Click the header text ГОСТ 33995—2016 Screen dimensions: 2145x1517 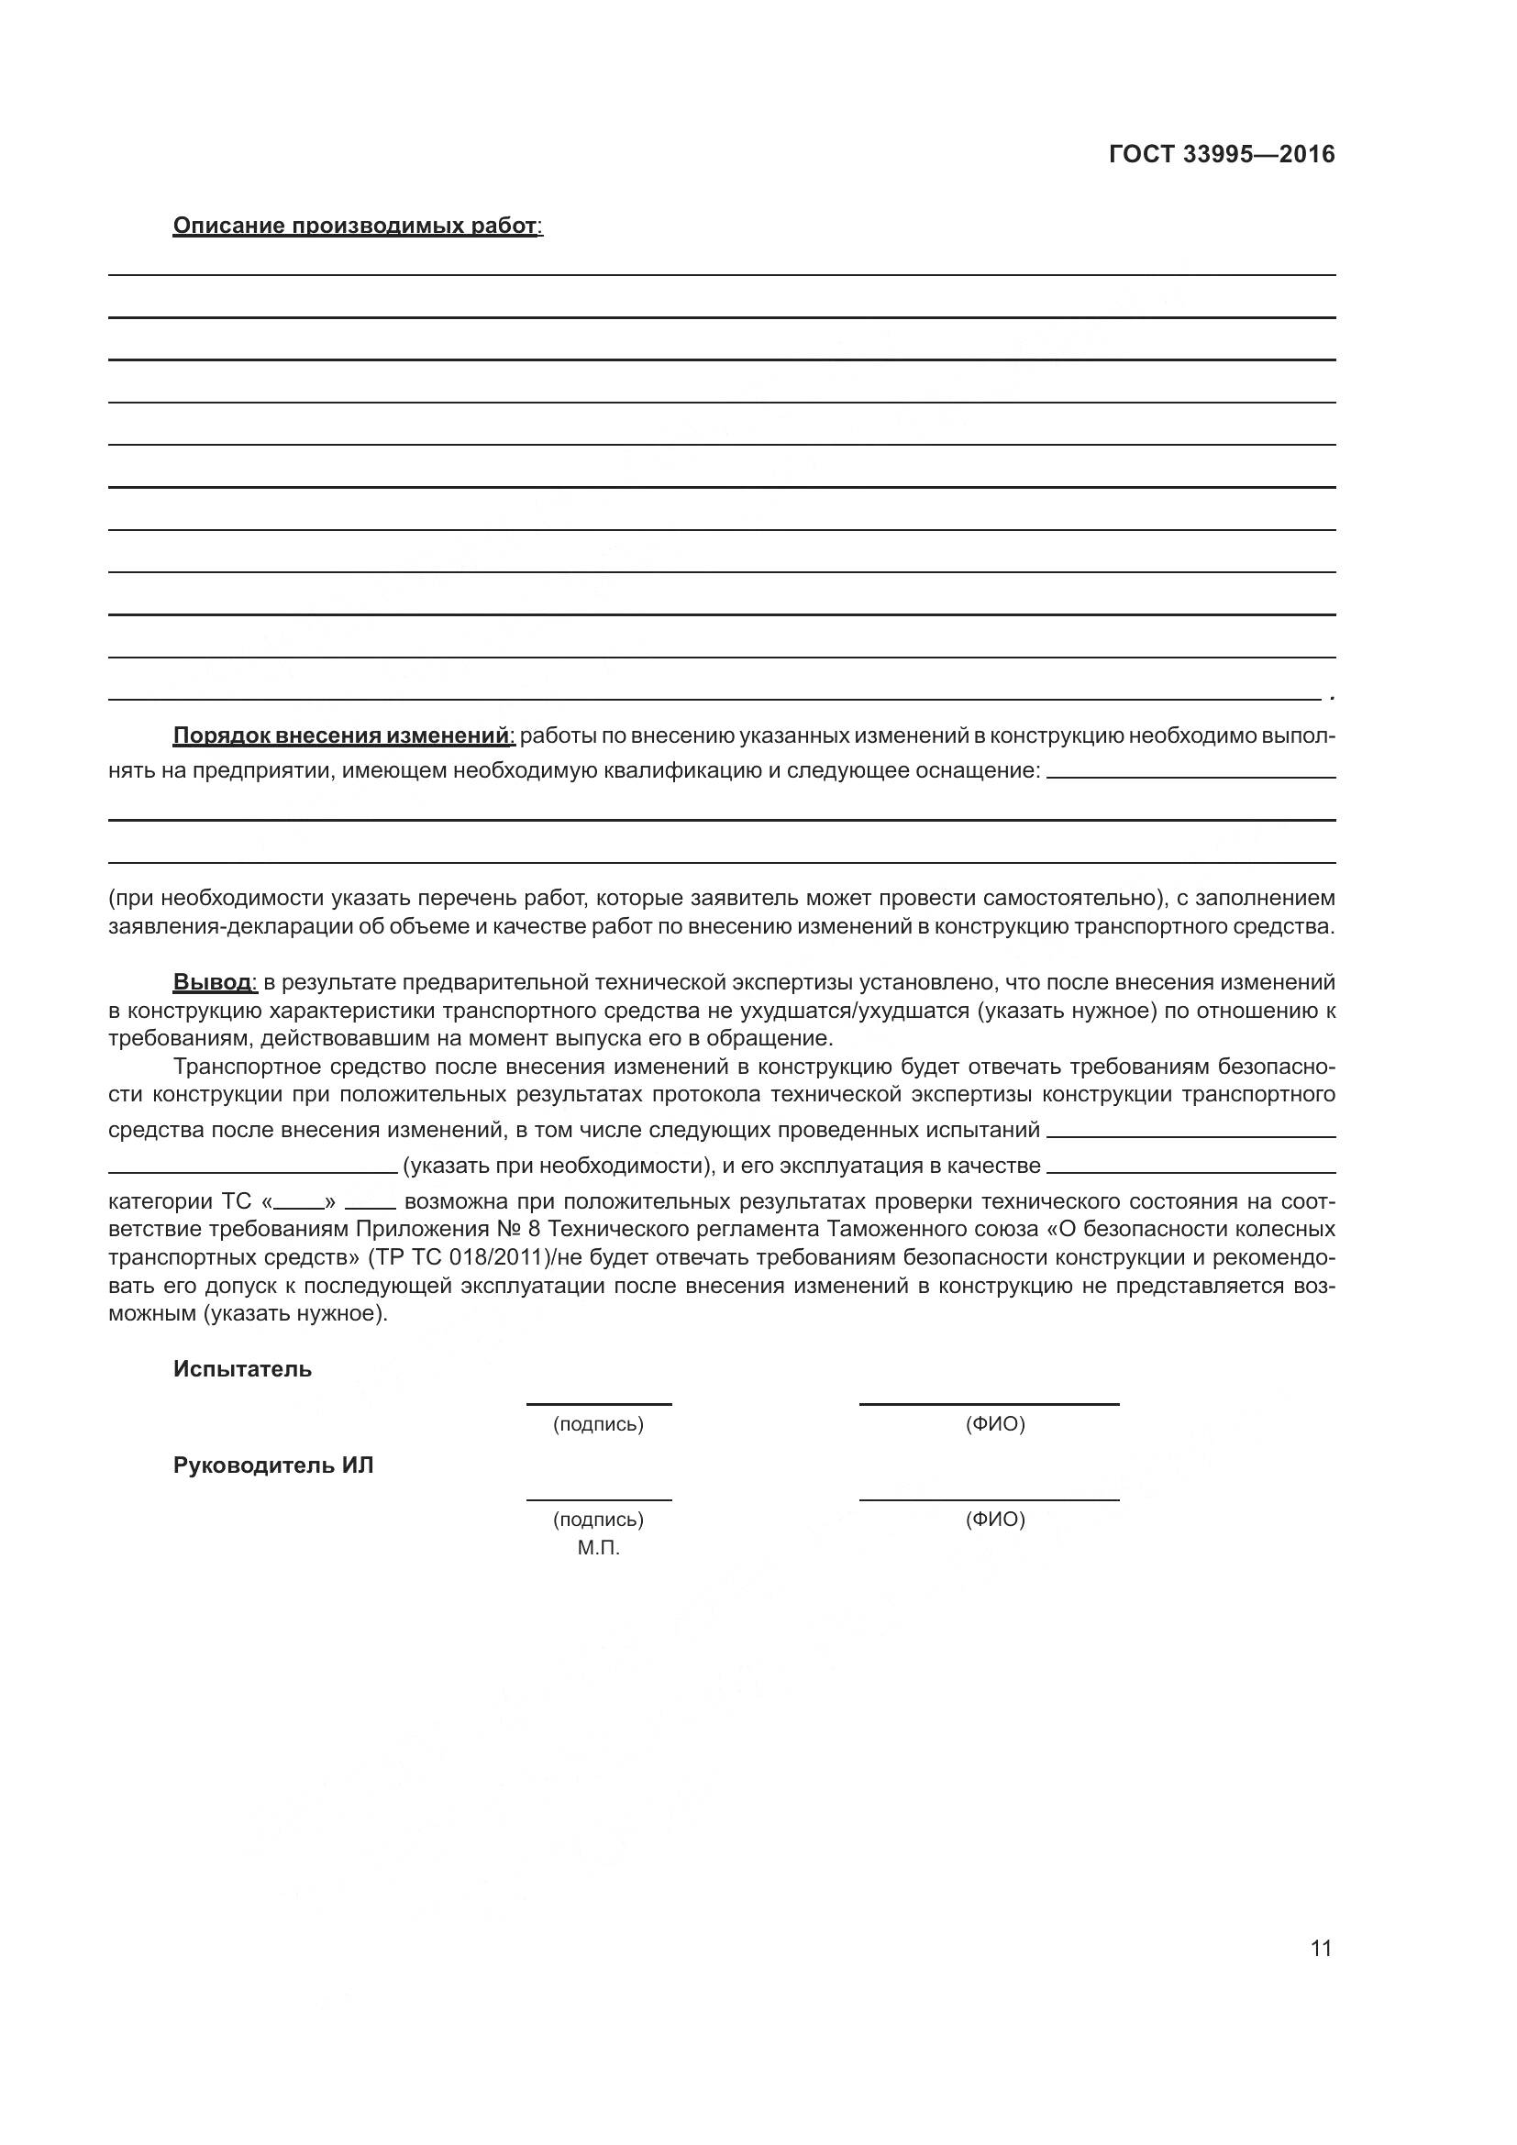click(x=1221, y=154)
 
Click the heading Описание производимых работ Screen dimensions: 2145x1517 click(x=356, y=227)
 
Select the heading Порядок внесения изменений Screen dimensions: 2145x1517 click(x=342, y=735)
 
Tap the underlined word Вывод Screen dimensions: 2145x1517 click(x=212, y=982)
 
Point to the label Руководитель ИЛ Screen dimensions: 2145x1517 click(x=272, y=1465)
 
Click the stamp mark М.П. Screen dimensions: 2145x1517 click(x=598, y=1548)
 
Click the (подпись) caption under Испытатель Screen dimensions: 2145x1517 click(x=598, y=1424)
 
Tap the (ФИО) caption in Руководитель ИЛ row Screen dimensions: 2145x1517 click(x=995, y=1519)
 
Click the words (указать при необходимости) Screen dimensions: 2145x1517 click(x=556, y=1165)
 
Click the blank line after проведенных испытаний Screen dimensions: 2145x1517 click(x=1191, y=1135)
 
